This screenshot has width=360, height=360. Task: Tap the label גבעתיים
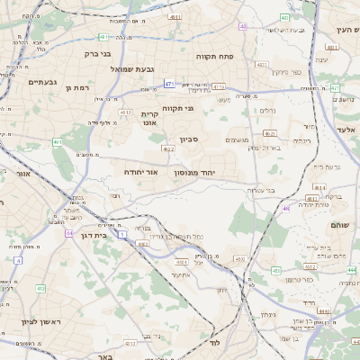(42, 83)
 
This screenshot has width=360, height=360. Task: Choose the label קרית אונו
(149, 119)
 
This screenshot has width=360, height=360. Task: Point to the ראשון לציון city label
(40, 321)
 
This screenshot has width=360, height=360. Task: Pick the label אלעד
(346, 130)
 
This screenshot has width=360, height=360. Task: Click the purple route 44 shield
(69, 233)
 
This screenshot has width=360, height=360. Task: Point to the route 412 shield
(40, 288)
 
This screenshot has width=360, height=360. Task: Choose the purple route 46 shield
(286, 209)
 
